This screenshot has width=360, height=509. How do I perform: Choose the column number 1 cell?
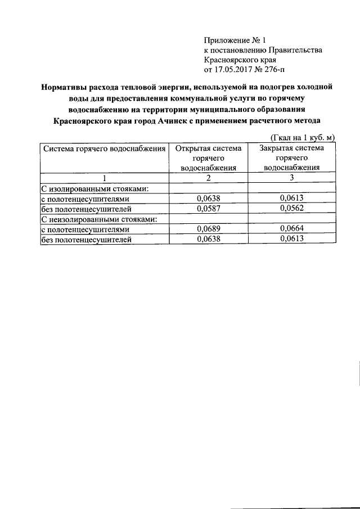[x=104, y=178]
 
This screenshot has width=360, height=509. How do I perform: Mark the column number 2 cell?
[x=208, y=178]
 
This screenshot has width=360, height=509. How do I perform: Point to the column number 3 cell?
[x=291, y=178]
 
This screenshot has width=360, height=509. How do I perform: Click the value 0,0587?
[x=208, y=209]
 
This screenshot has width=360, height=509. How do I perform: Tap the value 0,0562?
[x=291, y=209]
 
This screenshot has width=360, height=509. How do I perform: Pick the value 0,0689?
[x=208, y=229]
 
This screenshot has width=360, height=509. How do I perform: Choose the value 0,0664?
[x=291, y=229]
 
